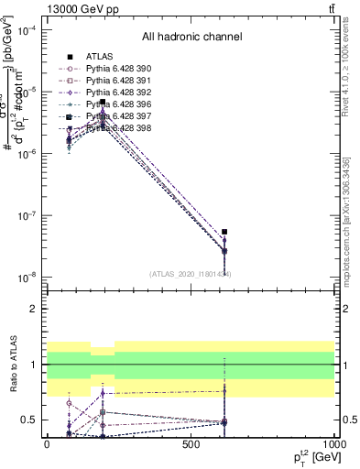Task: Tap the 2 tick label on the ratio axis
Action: click(x=32, y=310)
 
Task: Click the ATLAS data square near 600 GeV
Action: click(x=224, y=232)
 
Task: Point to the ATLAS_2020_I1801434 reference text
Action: click(x=191, y=274)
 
